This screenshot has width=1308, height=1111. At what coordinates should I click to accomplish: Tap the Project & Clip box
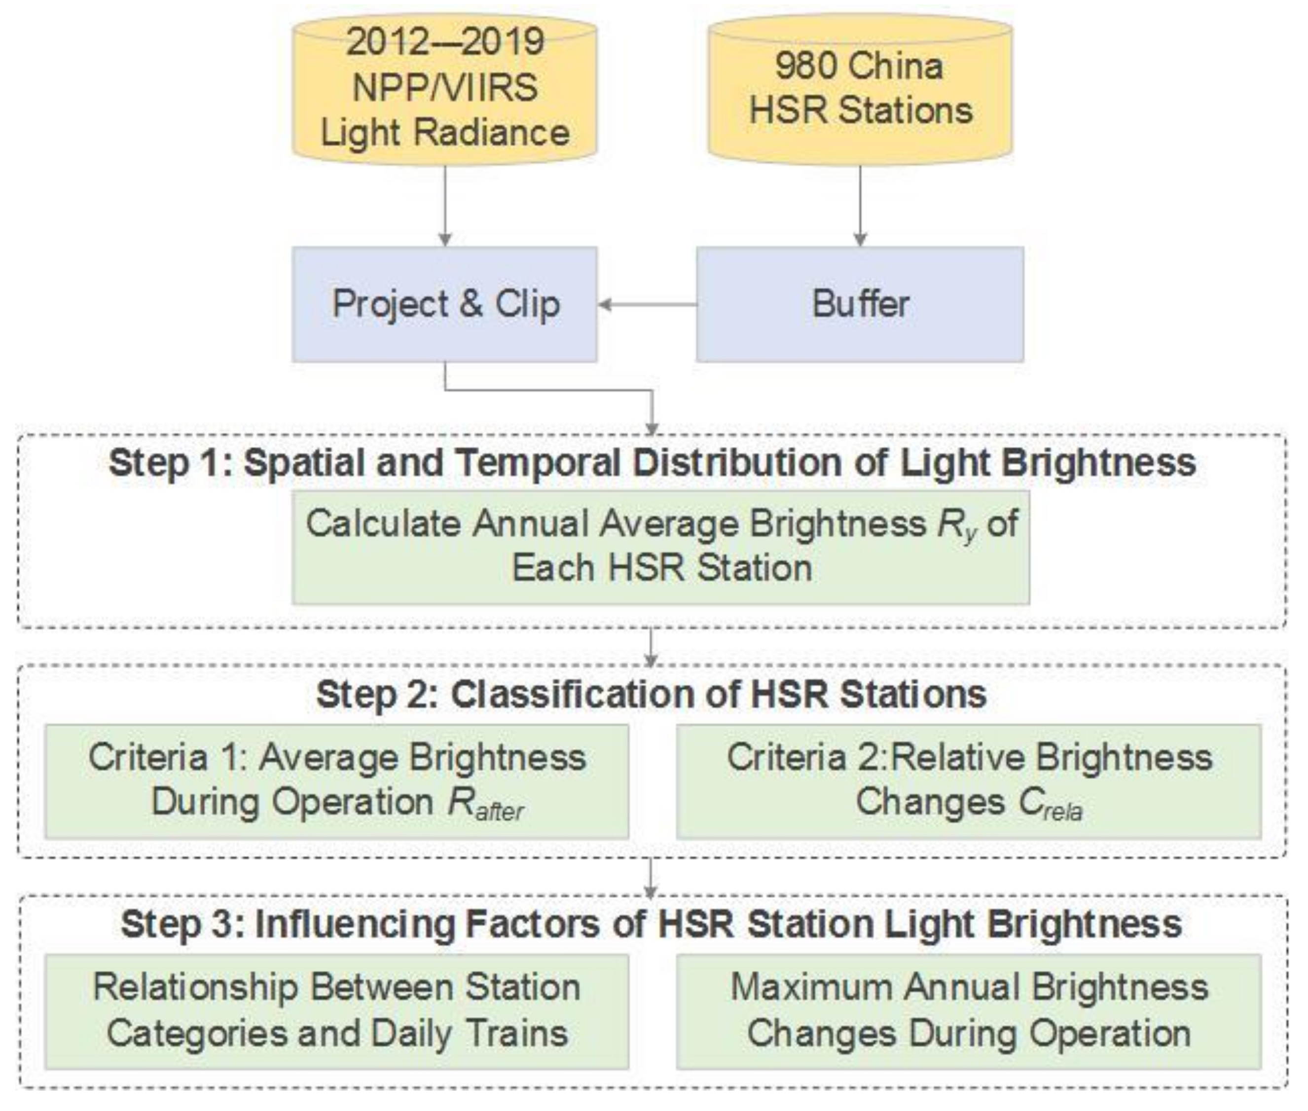point(444,304)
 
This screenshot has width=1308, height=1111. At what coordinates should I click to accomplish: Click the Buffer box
point(860,304)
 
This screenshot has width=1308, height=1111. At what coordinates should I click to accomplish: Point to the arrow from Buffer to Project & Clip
point(648,305)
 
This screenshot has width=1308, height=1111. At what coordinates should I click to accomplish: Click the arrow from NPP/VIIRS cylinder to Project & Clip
point(444,205)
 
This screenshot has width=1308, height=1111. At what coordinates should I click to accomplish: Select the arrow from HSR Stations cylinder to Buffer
point(860,205)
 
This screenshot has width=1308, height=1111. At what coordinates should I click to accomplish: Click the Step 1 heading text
point(653,463)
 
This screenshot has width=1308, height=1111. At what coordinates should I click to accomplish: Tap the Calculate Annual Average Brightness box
point(660,547)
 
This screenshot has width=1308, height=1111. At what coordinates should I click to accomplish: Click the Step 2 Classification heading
point(651,694)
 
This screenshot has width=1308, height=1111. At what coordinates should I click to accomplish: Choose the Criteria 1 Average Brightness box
point(337,781)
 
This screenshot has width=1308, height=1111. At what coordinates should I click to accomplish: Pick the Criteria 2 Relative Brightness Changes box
point(969,781)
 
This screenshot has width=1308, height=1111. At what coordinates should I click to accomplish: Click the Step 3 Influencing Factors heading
point(651,924)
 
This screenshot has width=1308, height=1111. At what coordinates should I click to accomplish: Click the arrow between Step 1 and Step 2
point(651,647)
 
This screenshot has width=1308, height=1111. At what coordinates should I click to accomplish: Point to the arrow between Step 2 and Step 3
point(651,877)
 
